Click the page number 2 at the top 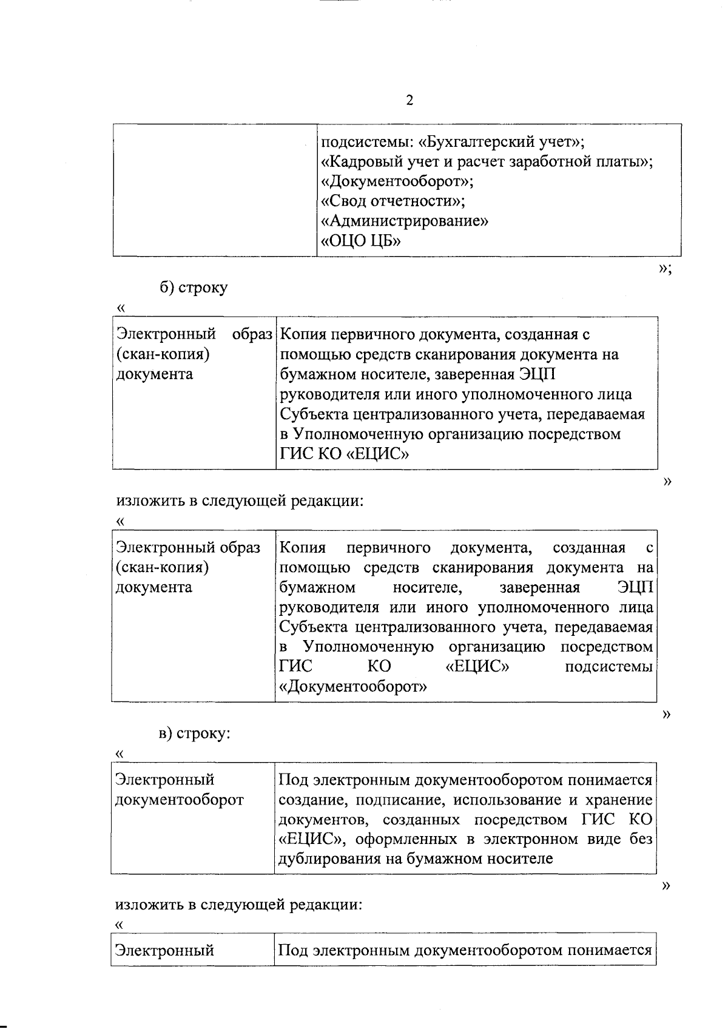click(409, 101)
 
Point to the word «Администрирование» click(404, 221)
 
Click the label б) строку click(194, 287)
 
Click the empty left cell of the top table click(215, 190)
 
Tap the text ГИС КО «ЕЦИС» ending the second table click(343, 454)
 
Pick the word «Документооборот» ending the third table click(352, 687)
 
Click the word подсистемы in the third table click(608, 667)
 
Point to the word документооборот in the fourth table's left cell click(180, 800)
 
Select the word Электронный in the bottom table click(165, 950)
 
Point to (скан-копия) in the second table click(163, 354)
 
